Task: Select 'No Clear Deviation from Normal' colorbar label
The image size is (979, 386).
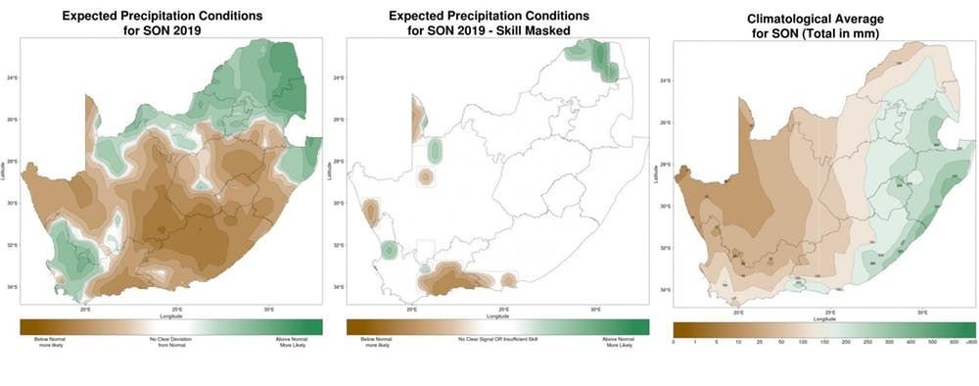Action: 166,340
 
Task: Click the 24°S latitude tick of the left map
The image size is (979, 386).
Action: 11,77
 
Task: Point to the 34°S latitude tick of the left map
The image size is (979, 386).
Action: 11,287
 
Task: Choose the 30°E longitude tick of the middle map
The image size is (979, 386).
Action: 595,310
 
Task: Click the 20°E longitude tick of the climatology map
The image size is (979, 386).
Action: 738,312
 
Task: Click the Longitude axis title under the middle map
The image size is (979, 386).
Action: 497,315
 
